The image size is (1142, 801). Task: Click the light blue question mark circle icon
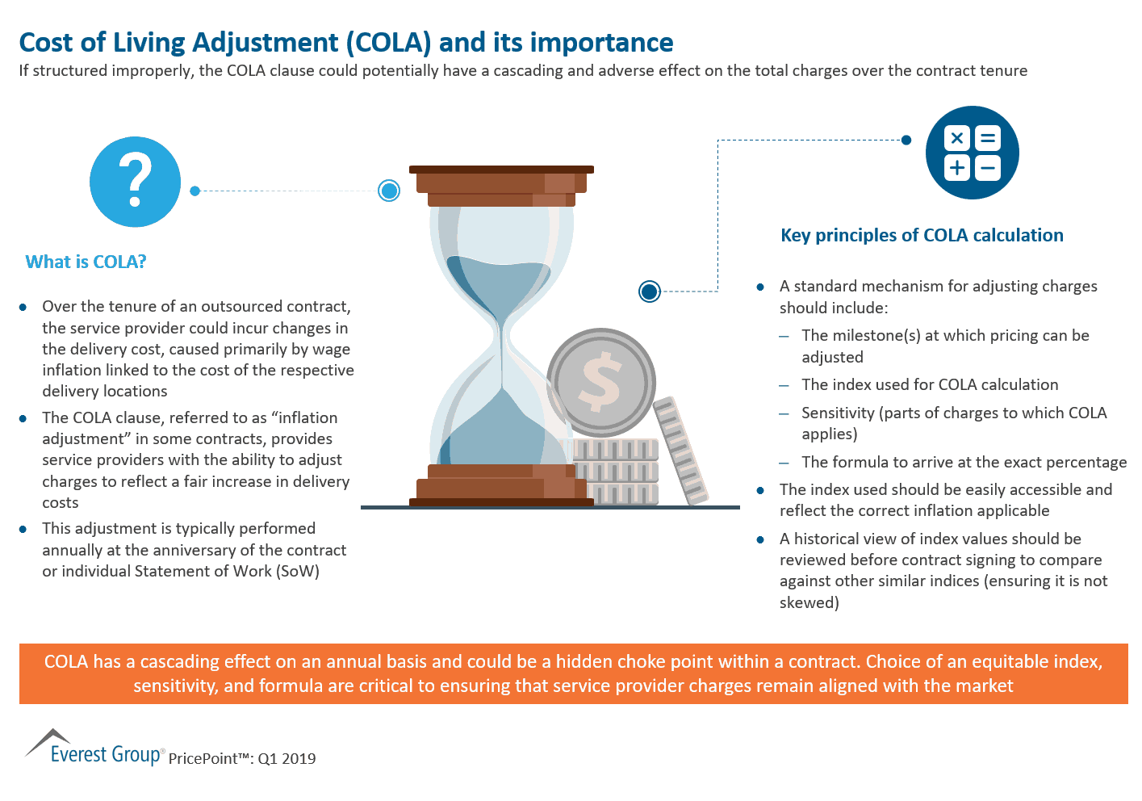coord(135,182)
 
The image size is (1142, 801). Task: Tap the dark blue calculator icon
coord(972,153)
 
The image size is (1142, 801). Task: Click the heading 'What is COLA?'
coord(86,262)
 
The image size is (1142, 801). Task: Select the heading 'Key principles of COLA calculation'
coord(922,235)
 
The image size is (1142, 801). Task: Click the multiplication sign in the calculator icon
coord(957,138)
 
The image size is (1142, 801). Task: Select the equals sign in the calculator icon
coord(987,138)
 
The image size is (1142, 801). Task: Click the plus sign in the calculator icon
coord(957,168)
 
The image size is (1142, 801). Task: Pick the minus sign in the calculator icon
coord(987,168)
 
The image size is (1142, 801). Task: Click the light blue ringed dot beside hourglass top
coord(389,191)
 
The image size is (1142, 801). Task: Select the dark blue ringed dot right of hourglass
coord(649,291)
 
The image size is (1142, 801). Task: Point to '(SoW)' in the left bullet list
coord(298,571)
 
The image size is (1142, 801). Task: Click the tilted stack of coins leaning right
coord(680,451)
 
